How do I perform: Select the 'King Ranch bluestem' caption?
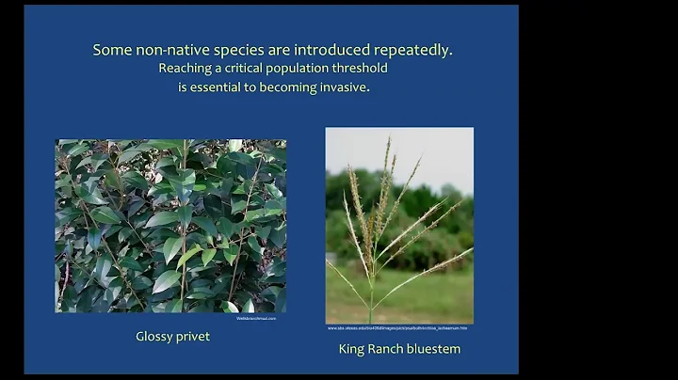pos(399,349)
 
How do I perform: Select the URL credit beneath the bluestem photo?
pos(397,328)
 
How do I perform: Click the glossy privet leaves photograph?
pos(170,226)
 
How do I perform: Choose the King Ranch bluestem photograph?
pos(399,226)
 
